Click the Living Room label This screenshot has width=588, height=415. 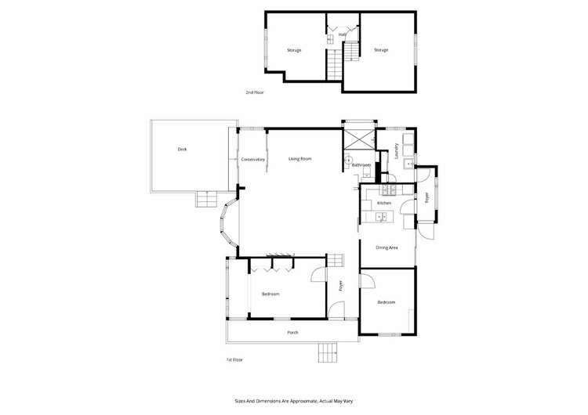(300, 159)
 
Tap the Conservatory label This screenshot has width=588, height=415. (253, 160)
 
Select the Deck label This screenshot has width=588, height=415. (182, 149)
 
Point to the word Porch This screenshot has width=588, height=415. (292, 332)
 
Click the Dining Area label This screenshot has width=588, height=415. (387, 247)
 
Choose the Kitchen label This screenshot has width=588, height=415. (383, 203)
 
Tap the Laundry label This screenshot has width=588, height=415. (397, 150)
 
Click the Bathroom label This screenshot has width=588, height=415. (361, 165)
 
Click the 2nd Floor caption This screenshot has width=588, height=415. (254, 92)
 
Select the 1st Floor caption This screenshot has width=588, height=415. (234, 359)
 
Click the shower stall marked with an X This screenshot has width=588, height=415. (359, 140)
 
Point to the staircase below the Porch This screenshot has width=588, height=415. (327, 354)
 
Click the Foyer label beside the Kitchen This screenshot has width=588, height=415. (427, 197)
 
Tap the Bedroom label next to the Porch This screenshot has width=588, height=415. (270, 294)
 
